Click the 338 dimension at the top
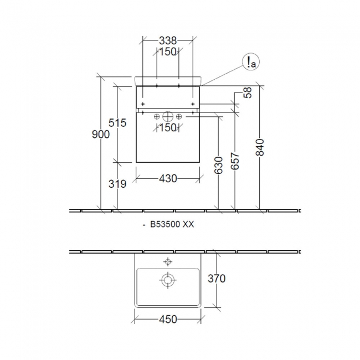pyautogui.click(x=168, y=40)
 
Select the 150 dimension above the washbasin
pyautogui.click(x=168, y=52)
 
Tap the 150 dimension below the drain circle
pyautogui.click(x=168, y=127)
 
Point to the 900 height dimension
pyautogui.click(x=101, y=134)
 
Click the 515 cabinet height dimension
pyautogui.click(x=117, y=122)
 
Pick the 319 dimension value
pyautogui.click(x=117, y=184)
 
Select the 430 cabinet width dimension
pyautogui.click(x=168, y=178)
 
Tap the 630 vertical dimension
pyautogui.click(x=218, y=165)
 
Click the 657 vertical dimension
pyautogui.click(x=235, y=161)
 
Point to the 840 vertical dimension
pyautogui.click(x=260, y=147)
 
